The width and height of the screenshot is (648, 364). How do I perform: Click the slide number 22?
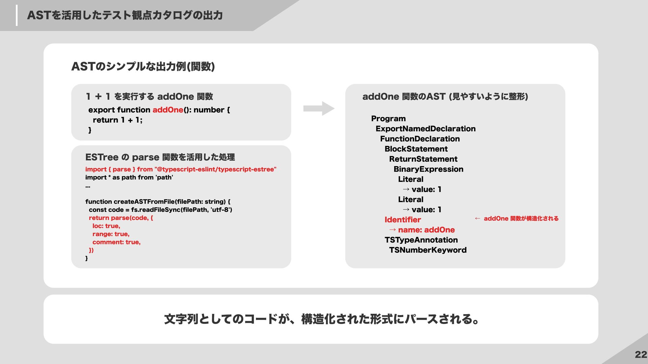[x=641, y=355]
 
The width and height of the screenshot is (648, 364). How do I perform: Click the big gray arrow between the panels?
[x=319, y=109]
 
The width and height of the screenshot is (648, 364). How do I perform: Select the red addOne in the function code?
[x=168, y=110]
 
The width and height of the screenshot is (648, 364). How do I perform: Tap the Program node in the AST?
[x=388, y=119]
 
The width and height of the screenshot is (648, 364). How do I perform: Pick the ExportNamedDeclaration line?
[x=425, y=129]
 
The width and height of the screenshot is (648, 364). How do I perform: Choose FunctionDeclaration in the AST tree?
[x=420, y=139]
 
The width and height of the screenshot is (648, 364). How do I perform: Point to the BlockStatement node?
[x=416, y=149]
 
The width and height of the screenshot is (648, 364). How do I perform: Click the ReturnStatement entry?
[x=423, y=159]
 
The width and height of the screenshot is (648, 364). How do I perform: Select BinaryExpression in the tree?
[x=428, y=169]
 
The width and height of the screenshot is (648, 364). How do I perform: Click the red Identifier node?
[x=402, y=220]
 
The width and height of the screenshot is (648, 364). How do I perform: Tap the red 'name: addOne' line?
[x=426, y=230]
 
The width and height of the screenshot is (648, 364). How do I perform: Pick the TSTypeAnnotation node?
[x=421, y=240]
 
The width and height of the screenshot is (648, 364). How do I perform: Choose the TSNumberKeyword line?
[x=427, y=250]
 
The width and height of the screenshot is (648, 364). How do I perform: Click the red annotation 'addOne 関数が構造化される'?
[x=521, y=218]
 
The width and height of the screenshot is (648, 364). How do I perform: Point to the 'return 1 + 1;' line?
[x=117, y=120]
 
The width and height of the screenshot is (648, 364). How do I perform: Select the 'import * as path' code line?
[x=129, y=177]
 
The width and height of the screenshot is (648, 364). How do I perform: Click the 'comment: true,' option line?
[x=116, y=242]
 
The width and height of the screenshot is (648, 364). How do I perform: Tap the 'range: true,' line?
[x=111, y=234]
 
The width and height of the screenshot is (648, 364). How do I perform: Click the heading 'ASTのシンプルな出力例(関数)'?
[x=143, y=66]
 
